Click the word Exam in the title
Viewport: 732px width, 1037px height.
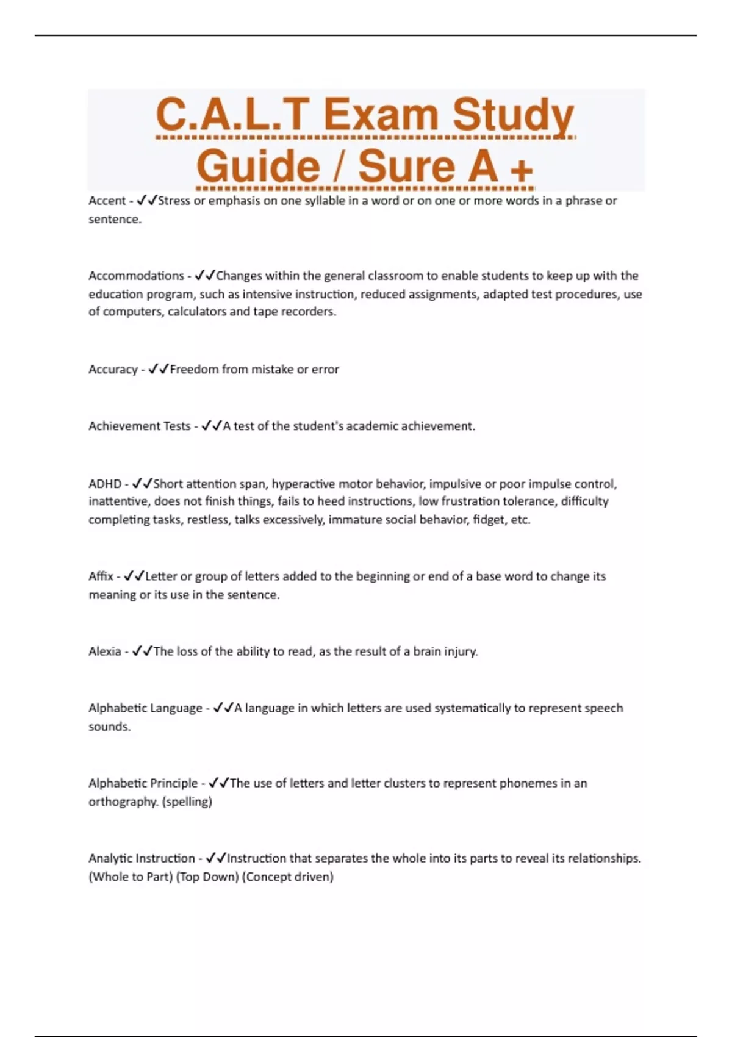381,115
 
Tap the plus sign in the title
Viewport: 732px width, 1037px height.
521,168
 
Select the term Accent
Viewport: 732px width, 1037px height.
107,201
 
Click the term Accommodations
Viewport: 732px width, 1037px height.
136,276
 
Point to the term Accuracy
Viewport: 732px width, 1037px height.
113,370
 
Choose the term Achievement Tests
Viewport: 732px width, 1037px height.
139,426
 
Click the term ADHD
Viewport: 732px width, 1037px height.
105,484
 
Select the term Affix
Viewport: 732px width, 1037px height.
101,576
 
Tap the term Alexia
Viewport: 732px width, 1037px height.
105,651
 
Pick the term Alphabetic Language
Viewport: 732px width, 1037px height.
145,708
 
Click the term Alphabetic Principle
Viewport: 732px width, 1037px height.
143,783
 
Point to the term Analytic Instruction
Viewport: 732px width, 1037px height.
142,858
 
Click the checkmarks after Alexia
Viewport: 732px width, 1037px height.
142,651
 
